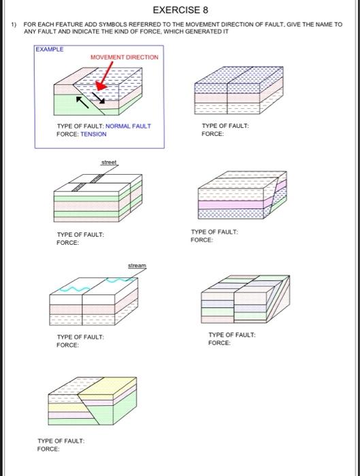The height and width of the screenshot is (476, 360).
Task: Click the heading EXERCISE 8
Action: click(x=180, y=10)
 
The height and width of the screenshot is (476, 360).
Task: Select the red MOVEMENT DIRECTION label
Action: click(x=124, y=57)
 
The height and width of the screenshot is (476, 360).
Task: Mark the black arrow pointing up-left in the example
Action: click(x=81, y=102)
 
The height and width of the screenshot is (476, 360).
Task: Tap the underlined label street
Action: click(x=109, y=163)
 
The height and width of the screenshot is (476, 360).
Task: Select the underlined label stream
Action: click(x=137, y=265)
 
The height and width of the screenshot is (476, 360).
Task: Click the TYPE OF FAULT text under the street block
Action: click(x=80, y=235)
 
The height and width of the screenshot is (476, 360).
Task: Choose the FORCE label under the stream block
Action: click(x=67, y=345)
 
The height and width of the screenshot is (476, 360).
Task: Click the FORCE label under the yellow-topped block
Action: click(x=48, y=449)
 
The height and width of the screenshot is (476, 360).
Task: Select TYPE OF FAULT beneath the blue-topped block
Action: click(x=225, y=126)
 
